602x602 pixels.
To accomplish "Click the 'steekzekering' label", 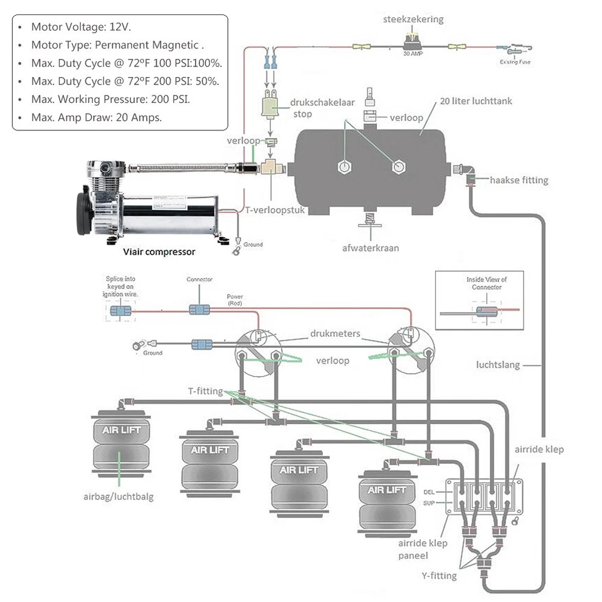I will pos(413,19).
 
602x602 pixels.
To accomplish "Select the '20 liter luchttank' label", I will pos(476,101).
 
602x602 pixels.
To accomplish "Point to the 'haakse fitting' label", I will pos(519,180).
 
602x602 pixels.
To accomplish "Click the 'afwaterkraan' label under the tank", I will pos(371,248).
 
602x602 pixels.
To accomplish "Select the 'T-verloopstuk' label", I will pos(275,211).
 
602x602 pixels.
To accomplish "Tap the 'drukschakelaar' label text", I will pos(314,102).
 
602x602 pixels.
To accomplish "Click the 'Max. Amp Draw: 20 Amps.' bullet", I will pos(97,117).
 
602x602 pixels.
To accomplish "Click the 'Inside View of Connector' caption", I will pos(486,283).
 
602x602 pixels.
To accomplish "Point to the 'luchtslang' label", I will pos(498,364).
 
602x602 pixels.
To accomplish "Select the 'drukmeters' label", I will pos(335,334).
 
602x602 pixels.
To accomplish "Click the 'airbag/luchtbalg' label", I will pos(119,497).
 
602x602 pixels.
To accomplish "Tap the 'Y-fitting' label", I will pos(439,576).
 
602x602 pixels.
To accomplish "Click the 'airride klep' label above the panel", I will pos(539,449).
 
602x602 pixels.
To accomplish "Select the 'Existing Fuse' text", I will pos(515,62).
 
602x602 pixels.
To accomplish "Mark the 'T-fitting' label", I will pos(205,391).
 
